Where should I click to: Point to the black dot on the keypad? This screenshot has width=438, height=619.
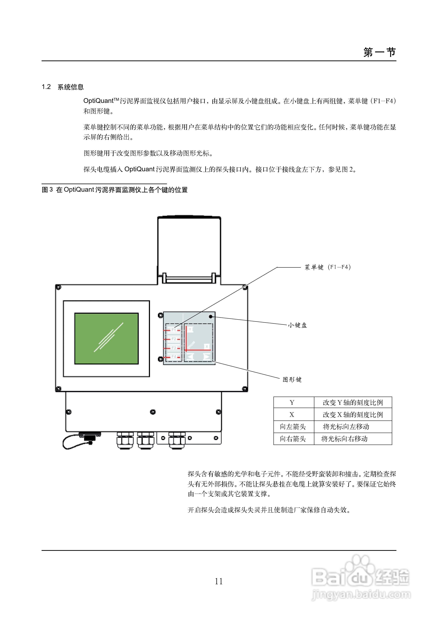click(211, 316)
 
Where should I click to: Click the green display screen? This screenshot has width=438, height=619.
click(106, 338)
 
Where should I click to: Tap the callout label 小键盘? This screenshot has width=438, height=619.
click(297, 325)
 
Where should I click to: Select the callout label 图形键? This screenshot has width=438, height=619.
click(292, 380)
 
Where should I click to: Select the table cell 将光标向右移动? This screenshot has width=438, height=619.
click(345, 439)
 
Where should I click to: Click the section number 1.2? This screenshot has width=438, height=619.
click(46, 87)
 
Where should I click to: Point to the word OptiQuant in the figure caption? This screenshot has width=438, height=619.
click(79, 190)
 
